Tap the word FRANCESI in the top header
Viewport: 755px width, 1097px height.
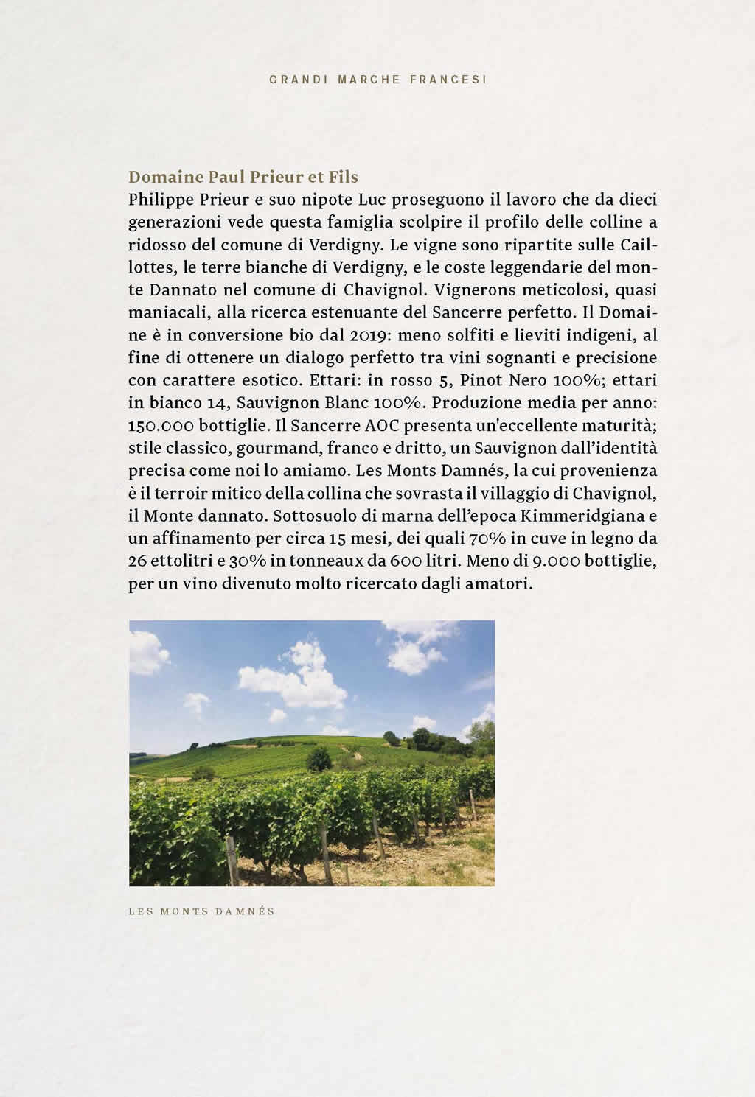pos(448,79)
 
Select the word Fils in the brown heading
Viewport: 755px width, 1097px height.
pos(342,178)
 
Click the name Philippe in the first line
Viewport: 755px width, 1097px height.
pos(159,200)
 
